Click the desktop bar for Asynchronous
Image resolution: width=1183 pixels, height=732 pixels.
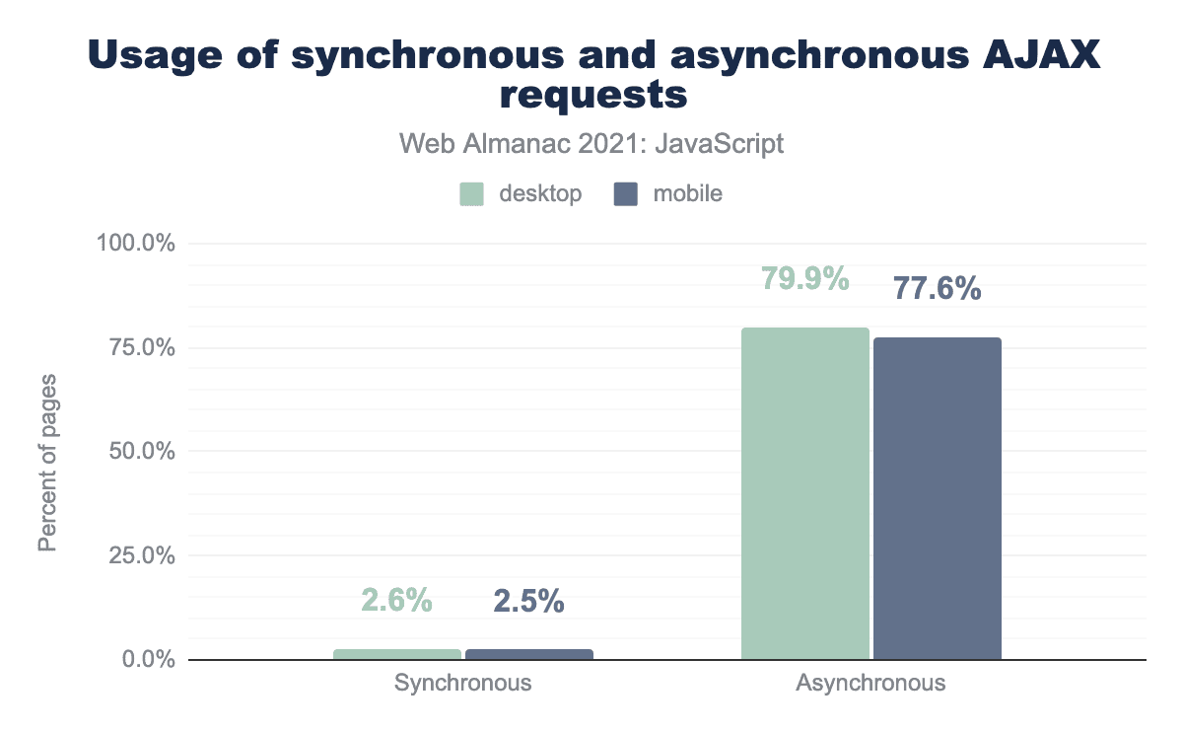(804, 493)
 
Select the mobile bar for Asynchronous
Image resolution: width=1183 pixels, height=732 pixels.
(937, 498)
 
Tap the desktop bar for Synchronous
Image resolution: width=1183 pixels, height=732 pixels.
(397, 654)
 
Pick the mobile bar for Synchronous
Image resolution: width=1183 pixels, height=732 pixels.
(529, 654)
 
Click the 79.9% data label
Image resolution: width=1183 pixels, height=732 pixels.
(804, 279)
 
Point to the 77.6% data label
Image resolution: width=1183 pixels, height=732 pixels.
(937, 289)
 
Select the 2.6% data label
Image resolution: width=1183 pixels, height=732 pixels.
(396, 601)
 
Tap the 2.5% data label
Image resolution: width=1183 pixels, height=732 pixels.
(528, 601)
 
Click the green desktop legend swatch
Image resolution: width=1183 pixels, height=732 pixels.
(472, 193)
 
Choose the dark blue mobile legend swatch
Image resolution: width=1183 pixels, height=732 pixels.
(626, 193)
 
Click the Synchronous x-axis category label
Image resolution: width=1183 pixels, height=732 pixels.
(462, 683)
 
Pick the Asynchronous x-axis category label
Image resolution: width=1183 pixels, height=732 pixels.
(870, 683)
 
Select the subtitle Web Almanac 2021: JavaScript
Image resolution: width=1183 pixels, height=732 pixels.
(591, 144)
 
